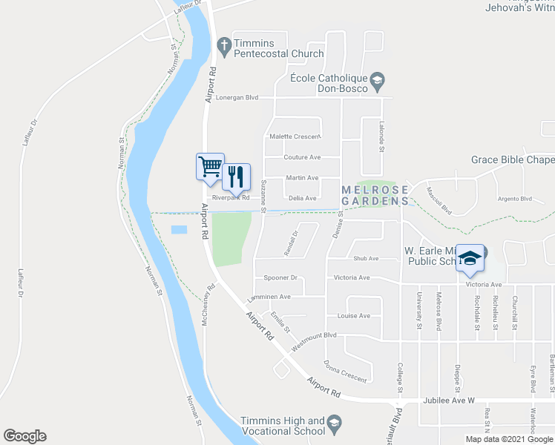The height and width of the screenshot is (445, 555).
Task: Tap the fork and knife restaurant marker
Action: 236,176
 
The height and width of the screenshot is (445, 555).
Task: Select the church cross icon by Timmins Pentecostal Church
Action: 223,46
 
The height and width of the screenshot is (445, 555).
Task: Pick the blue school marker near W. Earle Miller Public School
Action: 469,257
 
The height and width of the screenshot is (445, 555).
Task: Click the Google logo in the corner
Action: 24,436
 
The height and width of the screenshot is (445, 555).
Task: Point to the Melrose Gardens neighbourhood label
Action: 375,195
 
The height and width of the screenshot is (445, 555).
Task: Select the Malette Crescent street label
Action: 295,136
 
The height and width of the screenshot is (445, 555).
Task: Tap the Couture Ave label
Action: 302,157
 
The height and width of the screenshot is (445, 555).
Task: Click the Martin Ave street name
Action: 302,178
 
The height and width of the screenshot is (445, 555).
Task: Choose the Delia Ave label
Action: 302,198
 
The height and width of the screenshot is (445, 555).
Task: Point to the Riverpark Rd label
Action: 230,198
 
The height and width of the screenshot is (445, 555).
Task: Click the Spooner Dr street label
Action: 280,278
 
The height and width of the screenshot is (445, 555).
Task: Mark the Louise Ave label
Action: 353,316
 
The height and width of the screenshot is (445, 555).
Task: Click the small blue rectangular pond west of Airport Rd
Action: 179,230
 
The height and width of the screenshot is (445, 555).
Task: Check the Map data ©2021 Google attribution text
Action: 509,439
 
